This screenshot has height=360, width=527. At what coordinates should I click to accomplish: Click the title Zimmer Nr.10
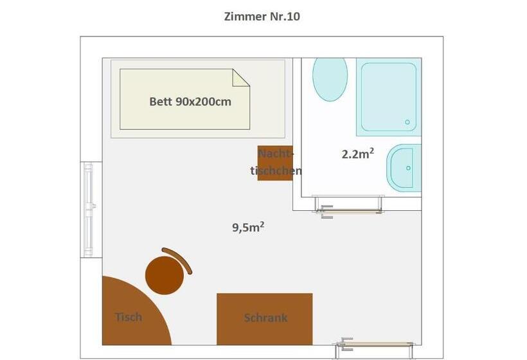click(x=262, y=17)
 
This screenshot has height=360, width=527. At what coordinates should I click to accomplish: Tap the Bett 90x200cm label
click(x=190, y=102)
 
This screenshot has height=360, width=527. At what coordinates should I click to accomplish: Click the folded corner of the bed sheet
click(x=240, y=77)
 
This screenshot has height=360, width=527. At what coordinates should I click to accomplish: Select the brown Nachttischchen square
click(x=275, y=163)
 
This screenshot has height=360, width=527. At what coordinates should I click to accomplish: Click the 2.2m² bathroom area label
click(x=358, y=154)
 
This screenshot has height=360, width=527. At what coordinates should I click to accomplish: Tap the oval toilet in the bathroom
click(x=330, y=78)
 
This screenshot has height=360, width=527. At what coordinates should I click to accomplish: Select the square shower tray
click(x=388, y=97)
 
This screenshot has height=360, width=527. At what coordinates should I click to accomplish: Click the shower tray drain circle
click(x=407, y=122)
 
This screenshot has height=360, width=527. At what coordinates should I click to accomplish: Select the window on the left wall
click(x=89, y=209)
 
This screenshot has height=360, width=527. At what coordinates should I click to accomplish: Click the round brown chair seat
click(x=165, y=275)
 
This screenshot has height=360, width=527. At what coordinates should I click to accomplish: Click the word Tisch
click(x=129, y=317)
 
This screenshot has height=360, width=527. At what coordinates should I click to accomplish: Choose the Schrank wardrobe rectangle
click(x=264, y=319)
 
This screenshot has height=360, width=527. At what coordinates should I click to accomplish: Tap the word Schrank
click(x=265, y=318)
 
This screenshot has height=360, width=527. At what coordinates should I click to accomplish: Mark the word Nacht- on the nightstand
click(x=276, y=154)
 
